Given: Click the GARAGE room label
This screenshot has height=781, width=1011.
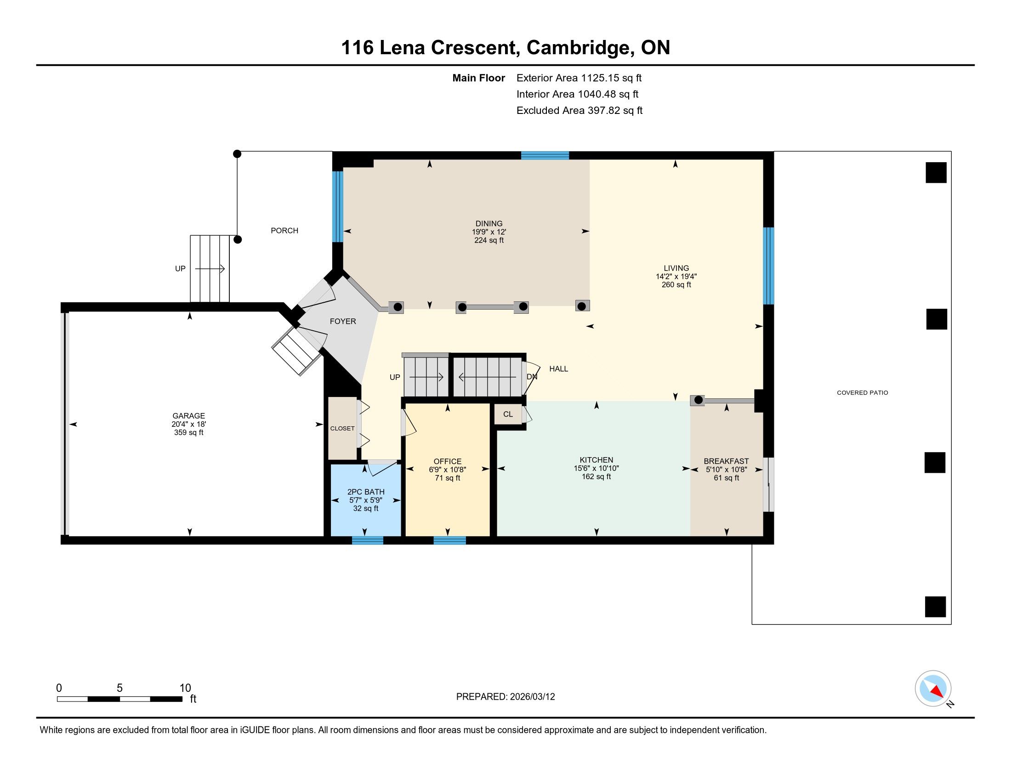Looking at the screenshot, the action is (x=189, y=416).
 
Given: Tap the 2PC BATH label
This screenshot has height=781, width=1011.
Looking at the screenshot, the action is (x=366, y=492).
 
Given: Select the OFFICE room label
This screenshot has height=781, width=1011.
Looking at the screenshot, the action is (x=448, y=461).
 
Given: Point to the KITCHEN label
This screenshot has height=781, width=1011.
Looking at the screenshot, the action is (x=596, y=460).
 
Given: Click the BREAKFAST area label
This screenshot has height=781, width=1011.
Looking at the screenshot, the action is (x=726, y=461).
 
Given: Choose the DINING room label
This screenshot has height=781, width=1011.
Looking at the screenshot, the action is (x=489, y=223).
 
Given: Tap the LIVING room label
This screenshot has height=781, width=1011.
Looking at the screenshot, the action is (x=676, y=268).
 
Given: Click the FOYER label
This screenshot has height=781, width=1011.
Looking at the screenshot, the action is (x=343, y=321).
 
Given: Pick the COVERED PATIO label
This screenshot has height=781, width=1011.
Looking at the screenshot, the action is (x=863, y=393).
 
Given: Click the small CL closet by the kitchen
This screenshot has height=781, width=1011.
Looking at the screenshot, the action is (x=508, y=414).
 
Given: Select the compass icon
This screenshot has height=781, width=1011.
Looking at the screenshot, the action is (x=933, y=688).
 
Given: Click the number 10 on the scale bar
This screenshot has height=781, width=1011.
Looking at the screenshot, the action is (x=185, y=688).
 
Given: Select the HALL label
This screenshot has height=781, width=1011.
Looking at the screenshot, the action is (x=559, y=369).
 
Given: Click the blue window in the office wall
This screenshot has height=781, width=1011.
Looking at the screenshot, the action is (x=449, y=540).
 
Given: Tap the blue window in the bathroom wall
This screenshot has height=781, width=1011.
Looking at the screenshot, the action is (x=368, y=540).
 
